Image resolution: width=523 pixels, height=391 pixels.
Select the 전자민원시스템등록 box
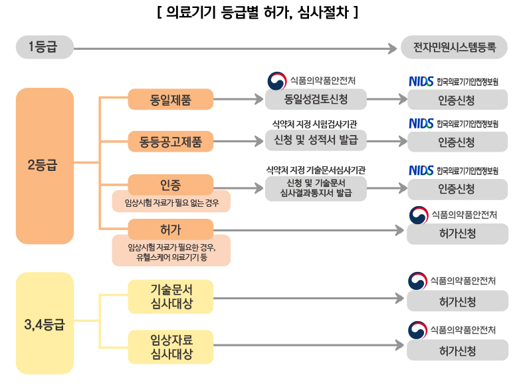coord(455,47)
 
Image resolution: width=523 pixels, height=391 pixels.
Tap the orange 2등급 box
coord(45,165)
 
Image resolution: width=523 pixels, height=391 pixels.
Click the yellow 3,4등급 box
coord(45,324)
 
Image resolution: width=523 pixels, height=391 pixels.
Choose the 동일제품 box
coord(171,100)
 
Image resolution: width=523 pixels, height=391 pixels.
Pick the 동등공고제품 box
coord(171,141)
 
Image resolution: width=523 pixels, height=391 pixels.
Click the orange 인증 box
coord(171,184)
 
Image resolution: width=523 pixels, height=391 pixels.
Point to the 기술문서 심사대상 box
coord(171,296)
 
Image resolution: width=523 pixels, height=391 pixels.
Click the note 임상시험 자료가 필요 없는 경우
coord(171,202)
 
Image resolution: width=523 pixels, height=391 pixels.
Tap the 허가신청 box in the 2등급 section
coord(457,233)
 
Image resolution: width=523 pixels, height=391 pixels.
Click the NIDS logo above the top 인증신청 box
coord(421,82)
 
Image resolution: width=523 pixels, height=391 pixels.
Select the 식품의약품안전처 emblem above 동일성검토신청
coord(276,80)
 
